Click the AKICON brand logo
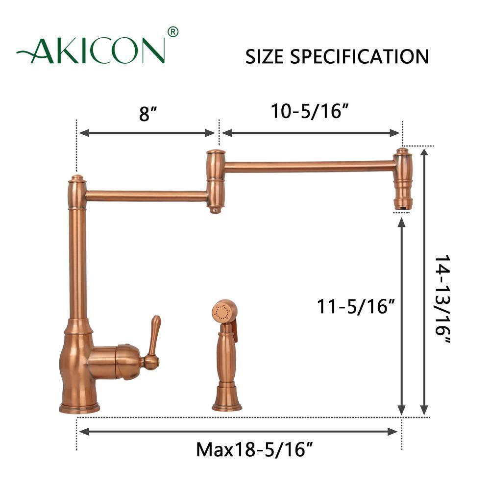click(x=91, y=50)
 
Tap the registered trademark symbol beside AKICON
click(x=172, y=32)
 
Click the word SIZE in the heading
click(x=265, y=57)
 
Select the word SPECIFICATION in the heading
click(x=360, y=57)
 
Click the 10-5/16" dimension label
click(x=310, y=112)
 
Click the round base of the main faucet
click(x=79, y=407)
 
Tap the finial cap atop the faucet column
click(x=76, y=179)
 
